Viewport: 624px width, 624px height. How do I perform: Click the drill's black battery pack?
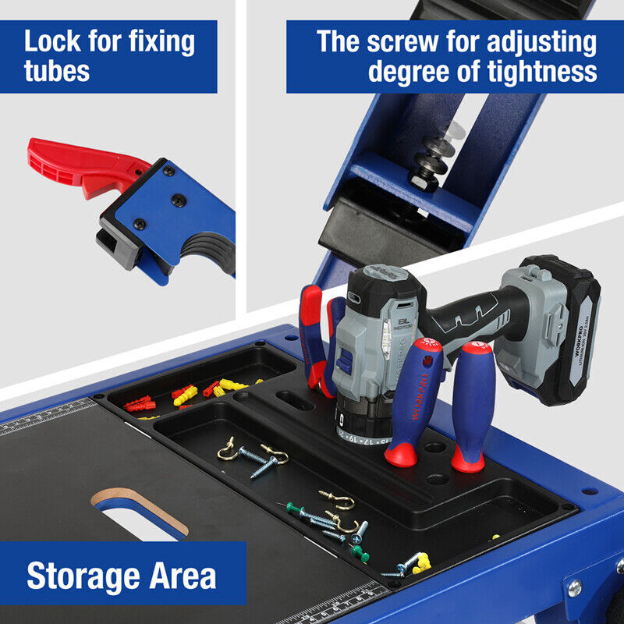(x=562, y=328)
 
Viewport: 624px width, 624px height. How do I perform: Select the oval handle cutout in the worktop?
(x=140, y=511)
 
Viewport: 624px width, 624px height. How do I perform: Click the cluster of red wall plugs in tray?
(x=140, y=403)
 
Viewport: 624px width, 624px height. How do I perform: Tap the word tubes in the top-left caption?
(x=56, y=72)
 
